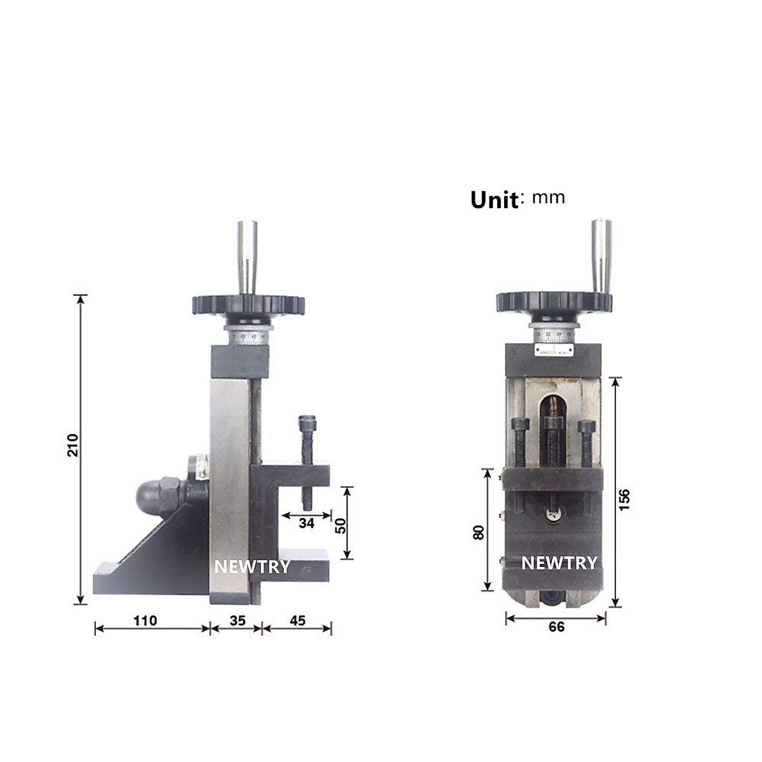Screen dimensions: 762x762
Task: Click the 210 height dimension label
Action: coord(73,445)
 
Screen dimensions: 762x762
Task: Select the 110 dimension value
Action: coord(145,620)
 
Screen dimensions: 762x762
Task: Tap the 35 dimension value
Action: coord(237,620)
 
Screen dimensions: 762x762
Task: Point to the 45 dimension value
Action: coord(297,620)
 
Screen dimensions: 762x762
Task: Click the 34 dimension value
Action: coord(307,524)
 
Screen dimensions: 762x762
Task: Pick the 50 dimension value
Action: coord(341,525)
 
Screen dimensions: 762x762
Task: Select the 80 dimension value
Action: coord(479,531)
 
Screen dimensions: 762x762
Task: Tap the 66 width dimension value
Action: coord(556,627)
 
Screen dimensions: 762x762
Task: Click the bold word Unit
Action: coord(494,200)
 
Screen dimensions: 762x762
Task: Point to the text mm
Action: coord(548,197)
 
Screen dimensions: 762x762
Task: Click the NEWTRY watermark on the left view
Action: coord(252,566)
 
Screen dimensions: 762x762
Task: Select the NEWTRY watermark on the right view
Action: coord(559,563)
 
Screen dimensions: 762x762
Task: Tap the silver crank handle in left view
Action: coord(248,254)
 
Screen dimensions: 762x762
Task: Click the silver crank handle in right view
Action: coord(601,254)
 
